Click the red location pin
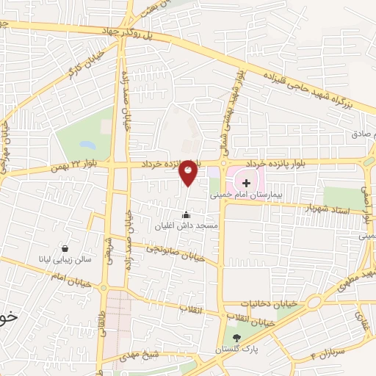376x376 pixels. (189, 171)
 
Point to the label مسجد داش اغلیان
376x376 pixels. (186, 228)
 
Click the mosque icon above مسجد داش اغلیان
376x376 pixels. (186, 215)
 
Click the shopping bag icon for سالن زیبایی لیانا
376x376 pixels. (67, 248)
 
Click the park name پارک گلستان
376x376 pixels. (236, 350)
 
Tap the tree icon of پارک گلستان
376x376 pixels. (236, 338)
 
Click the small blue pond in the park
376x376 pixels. (87, 144)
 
